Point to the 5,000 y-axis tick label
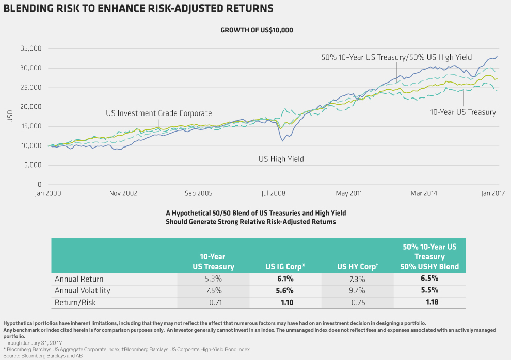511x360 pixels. point(31,165)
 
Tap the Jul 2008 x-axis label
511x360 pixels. point(274,193)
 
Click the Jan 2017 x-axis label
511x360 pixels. point(492,193)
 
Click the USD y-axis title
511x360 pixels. point(10,117)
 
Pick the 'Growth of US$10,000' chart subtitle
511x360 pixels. point(257,30)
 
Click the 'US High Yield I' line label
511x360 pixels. point(283,159)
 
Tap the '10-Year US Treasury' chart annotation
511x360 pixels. point(463,112)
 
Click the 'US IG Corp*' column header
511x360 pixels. point(285,267)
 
